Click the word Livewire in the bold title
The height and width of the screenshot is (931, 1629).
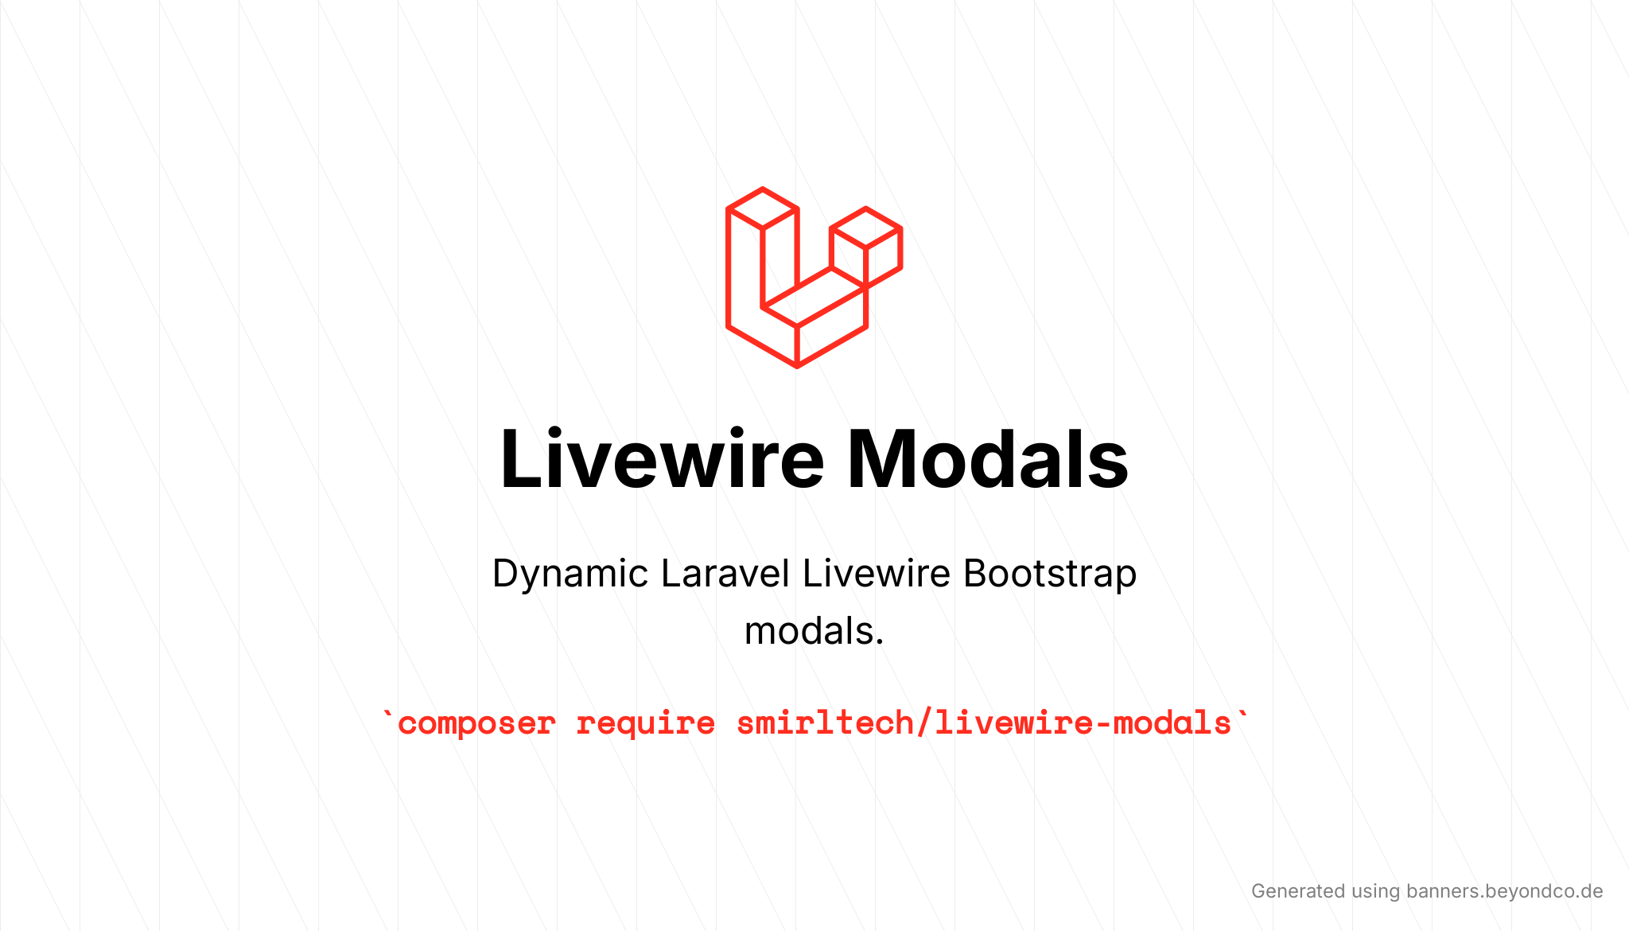pyautogui.click(x=662, y=459)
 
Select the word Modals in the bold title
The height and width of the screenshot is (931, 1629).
pyautogui.click(x=988, y=459)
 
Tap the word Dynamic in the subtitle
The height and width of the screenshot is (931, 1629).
pyautogui.click(x=570, y=575)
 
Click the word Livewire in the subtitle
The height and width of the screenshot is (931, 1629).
pyautogui.click(x=877, y=573)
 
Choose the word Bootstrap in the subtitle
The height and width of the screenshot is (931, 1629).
pyautogui.click(x=1050, y=575)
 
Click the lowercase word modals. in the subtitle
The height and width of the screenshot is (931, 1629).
pyautogui.click(x=814, y=631)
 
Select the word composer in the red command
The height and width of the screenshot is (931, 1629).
pyautogui.click(x=476, y=724)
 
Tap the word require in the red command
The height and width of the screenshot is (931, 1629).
pyautogui.click(x=645, y=724)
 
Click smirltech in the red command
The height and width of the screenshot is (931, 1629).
pyautogui.click(x=824, y=723)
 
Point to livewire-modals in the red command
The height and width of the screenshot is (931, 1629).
pyautogui.click(x=1083, y=723)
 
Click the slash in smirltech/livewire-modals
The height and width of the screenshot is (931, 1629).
pyautogui.click(x=924, y=723)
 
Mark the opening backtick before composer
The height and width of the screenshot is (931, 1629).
pyautogui.click(x=387, y=714)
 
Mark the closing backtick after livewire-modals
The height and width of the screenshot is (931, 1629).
pyautogui.click(x=1242, y=714)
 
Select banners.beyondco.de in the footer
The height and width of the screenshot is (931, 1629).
pyautogui.click(x=1504, y=891)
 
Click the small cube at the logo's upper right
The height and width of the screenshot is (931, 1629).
pyautogui.click(x=865, y=247)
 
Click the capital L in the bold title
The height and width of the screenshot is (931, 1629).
pyautogui.click(x=519, y=459)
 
